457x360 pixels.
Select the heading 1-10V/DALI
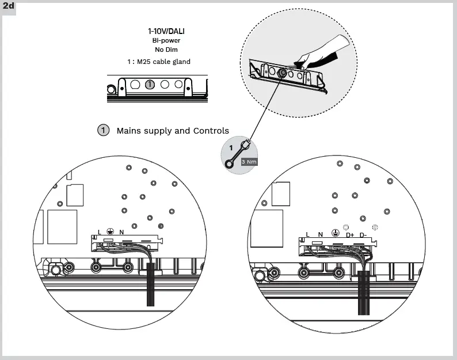click(x=167, y=31)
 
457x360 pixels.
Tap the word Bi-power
click(x=166, y=41)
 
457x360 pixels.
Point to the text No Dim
click(x=166, y=50)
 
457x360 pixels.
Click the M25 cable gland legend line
click(x=159, y=62)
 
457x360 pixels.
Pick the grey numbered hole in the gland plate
click(x=150, y=85)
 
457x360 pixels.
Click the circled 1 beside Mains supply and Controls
click(x=103, y=130)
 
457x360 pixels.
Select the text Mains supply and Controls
click(x=173, y=131)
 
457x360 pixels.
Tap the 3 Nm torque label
click(x=249, y=162)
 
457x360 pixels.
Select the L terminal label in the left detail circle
click(x=100, y=232)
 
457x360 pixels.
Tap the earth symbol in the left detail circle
click(x=111, y=232)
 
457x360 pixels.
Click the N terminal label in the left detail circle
click(x=121, y=232)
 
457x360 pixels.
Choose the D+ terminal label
click(x=350, y=234)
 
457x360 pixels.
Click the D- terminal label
click(x=363, y=234)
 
